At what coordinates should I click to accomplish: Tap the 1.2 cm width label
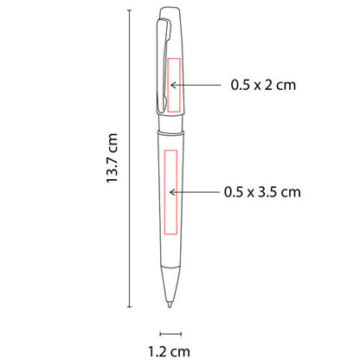169,351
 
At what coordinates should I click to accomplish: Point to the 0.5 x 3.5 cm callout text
262,190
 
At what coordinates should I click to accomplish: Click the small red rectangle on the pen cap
173,85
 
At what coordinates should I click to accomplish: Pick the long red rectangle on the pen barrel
169,191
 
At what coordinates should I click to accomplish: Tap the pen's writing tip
169,305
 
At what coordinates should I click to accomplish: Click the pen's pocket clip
162,61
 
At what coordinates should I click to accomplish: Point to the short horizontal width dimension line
169,331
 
